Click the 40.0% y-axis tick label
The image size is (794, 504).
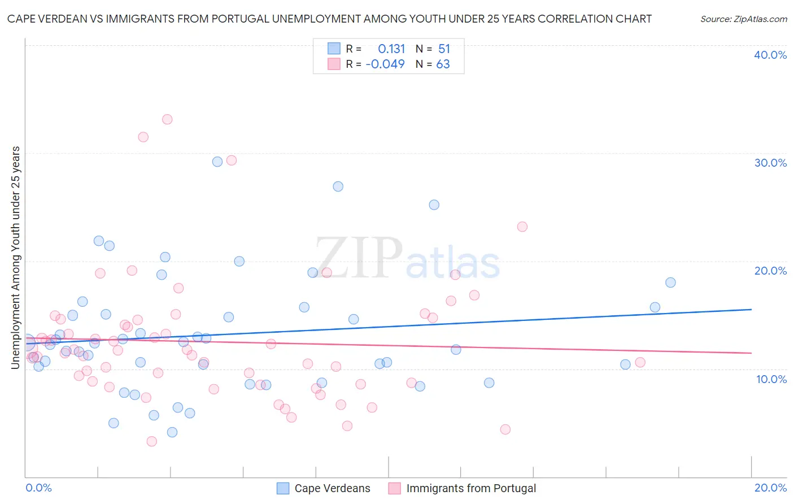coord(770,55)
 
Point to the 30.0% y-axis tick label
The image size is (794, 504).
coord(770,163)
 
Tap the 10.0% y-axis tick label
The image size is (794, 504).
coord(771,379)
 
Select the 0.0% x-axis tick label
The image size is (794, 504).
coord(39,488)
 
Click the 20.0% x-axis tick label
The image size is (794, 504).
coord(770,488)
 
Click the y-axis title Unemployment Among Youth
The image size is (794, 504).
coord(15,258)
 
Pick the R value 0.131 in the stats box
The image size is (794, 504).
coord(391,49)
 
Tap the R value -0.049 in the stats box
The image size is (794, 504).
coord(385,64)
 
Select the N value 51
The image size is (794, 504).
coord(444,49)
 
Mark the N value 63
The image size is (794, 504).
coord(443,64)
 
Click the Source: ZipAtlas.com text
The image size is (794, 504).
coord(743,19)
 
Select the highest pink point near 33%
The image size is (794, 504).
coord(167,119)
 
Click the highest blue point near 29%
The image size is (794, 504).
coord(217,162)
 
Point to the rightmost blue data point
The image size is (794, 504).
coord(670,283)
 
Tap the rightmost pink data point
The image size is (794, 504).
coord(640,362)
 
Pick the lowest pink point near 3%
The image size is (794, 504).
coord(151,441)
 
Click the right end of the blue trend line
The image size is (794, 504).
coord(751,309)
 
